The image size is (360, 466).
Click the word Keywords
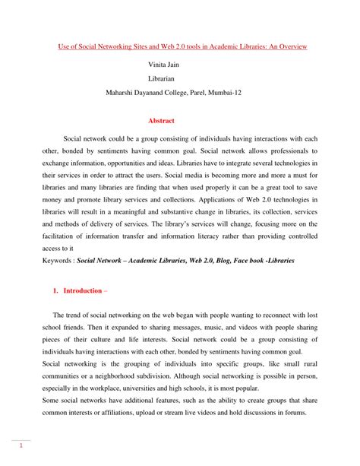[58, 260]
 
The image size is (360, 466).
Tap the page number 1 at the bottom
[24, 447]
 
